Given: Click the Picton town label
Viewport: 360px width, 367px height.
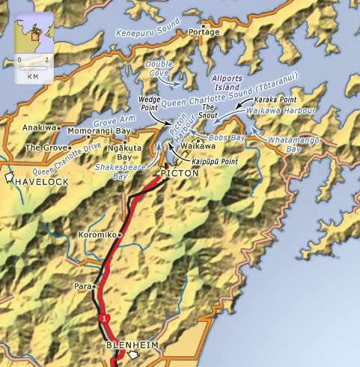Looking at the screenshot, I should pyautogui.click(x=180, y=173).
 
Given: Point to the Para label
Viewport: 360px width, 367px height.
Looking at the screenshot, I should pyautogui.click(x=82, y=286).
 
